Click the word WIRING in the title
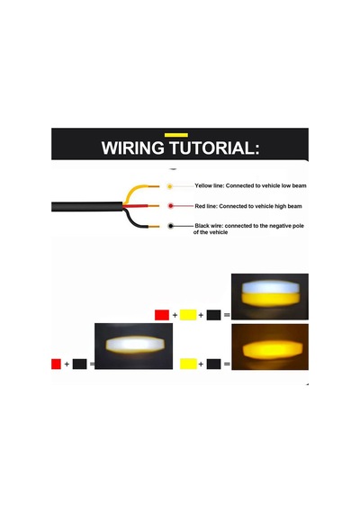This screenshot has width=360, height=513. click(x=133, y=148)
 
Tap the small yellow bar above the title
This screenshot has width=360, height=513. click(x=176, y=135)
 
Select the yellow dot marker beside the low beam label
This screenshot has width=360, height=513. click(x=169, y=186)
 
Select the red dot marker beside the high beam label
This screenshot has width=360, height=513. click(x=170, y=206)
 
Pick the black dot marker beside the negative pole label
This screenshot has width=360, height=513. click(x=170, y=226)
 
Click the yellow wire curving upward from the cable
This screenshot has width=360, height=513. click(x=135, y=188)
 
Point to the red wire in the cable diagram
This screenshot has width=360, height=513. click(x=140, y=206)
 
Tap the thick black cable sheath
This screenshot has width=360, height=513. click(x=87, y=207)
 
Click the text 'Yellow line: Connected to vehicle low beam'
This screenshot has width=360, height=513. click(x=251, y=185)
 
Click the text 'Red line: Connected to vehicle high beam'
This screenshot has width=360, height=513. click(x=248, y=206)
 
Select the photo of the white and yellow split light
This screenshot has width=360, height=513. click(x=270, y=296)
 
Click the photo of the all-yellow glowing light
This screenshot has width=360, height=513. click(x=270, y=346)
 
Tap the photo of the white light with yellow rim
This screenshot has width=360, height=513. click(x=133, y=346)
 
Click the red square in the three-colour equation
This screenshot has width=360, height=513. click(x=162, y=315)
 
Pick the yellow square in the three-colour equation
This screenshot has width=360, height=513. click(x=188, y=315)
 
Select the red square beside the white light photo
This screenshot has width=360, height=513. click(x=56, y=364)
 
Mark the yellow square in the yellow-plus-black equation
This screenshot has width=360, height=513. click(x=188, y=364)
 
